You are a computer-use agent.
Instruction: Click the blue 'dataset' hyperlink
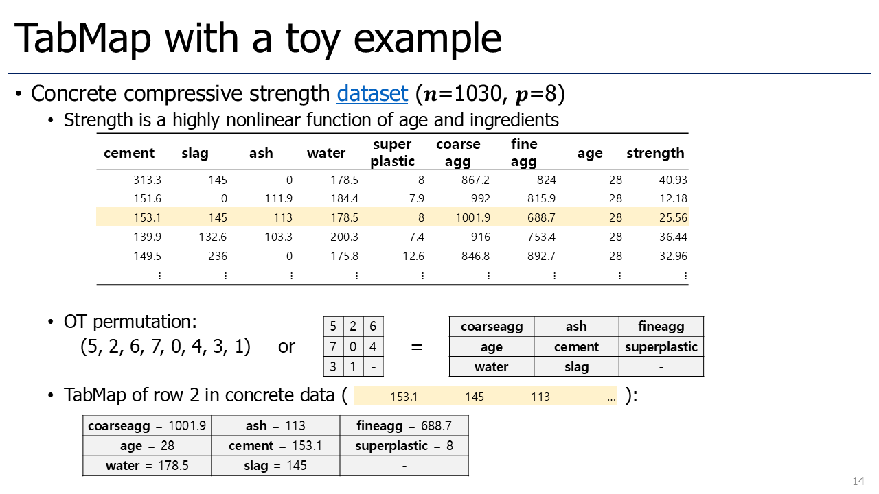(x=372, y=94)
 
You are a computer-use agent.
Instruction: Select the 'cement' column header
(x=129, y=153)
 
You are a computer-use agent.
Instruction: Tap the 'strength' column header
(x=655, y=153)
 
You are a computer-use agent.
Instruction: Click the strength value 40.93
(x=673, y=180)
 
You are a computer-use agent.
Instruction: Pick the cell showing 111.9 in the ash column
(x=278, y=198)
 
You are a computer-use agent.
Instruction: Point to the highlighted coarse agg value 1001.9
(x=473, y=217)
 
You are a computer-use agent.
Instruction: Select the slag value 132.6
(x=212, y=237)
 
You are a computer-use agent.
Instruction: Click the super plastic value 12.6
(x=413, y=256)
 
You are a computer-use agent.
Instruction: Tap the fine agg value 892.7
(x=541, y=256)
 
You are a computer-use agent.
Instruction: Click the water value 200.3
(x=344, y=237)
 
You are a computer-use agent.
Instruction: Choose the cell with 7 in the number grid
(x=333, y=346)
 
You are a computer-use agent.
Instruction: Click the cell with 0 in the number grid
(x=353, y=346)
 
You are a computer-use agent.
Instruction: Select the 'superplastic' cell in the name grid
(x=661, y=346)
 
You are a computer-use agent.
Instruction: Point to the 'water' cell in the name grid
(x=491, y=367)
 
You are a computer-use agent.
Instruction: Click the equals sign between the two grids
(x=416, y=347)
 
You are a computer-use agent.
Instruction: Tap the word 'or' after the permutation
(x=286, y=346)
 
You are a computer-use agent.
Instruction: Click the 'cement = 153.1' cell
(x=275, y=446)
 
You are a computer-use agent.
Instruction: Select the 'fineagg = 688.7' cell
(x=404, y=426)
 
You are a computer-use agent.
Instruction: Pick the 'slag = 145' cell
(x=275, y=466)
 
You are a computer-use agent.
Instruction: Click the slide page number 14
(x=858, y=481)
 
